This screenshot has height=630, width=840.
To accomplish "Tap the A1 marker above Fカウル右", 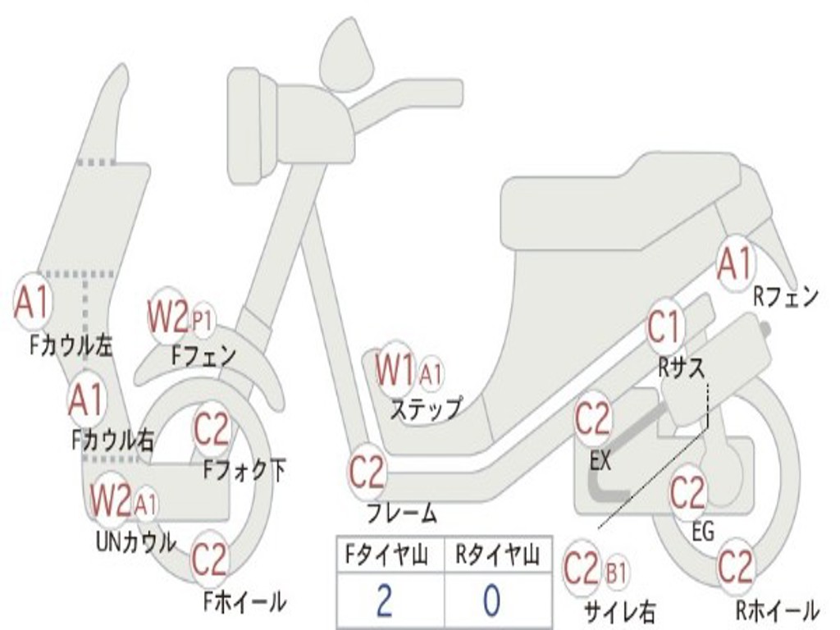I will pos(86,399).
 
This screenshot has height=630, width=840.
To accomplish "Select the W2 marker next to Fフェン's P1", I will pos(167,316).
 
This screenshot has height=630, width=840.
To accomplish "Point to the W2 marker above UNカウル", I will pos(111,499).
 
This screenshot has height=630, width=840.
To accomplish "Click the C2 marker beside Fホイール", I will pos(209,560).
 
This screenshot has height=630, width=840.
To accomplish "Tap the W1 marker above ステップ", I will pos(395,370).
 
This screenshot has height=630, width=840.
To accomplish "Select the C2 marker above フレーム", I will pos(367,472).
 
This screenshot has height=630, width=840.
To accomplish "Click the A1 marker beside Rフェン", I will pos(734,264).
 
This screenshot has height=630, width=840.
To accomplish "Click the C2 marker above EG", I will pos(687,493).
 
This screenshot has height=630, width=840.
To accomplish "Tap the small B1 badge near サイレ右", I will pos(616,573).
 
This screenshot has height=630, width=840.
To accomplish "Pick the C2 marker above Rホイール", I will pos(735,567).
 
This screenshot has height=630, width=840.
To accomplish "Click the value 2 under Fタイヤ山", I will pos(385,600).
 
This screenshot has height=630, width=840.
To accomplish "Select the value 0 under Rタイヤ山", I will pos(491,600).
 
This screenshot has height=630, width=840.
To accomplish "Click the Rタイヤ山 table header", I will pos(497,555).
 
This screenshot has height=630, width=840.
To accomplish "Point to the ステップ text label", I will pos(424,409).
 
